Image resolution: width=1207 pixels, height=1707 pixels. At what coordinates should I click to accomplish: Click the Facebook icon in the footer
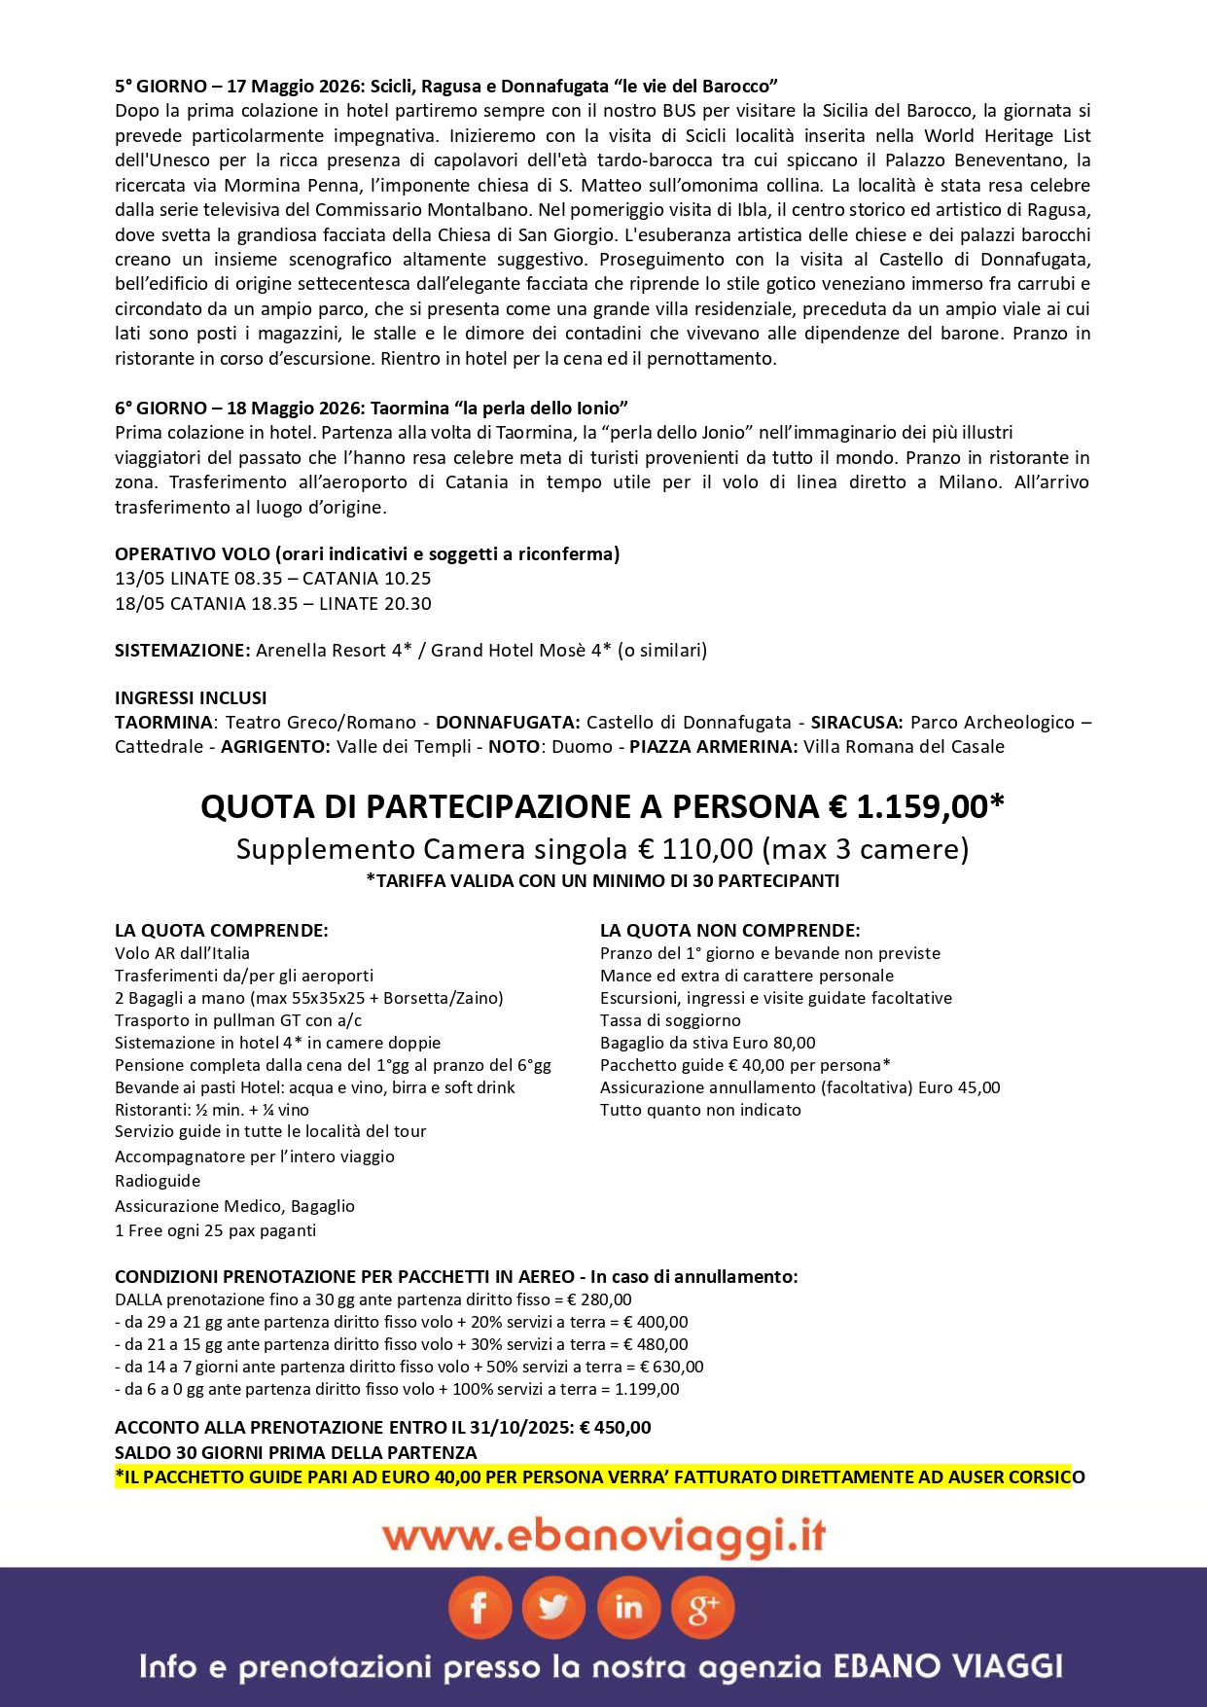pos(479,1609)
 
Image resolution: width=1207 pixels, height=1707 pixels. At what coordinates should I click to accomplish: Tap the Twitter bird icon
pos(553,1609)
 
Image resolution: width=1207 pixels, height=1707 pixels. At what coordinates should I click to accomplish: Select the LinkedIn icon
pos(628,1609)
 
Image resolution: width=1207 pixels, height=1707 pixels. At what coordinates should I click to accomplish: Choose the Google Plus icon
pos(702,1609)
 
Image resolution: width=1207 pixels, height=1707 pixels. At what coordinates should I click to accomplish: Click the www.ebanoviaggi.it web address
pos(603,1537)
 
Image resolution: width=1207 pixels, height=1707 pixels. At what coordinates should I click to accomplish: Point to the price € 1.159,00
pos(916,807)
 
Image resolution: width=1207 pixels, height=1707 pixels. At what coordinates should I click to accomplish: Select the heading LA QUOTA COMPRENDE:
pos(222,931)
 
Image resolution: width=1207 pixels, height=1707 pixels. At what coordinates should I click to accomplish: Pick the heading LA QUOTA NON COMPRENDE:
pos(729,931)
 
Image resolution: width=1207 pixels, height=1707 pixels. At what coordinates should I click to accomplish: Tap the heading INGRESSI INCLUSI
pos(191,698)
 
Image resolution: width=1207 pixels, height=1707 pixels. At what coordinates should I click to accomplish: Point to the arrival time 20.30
pos(407,604)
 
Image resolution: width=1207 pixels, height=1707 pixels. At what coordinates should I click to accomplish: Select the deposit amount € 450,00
pos(615,1428)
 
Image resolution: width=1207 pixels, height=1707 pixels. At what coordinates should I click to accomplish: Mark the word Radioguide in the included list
pos(158,1182)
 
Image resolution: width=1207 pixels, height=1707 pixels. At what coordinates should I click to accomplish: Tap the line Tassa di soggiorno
pos(670,1021)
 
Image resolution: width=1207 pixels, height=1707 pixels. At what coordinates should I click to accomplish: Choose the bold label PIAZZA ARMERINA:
pos(713,747)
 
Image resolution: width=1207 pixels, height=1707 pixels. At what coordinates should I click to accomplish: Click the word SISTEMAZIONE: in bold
pos(183,651)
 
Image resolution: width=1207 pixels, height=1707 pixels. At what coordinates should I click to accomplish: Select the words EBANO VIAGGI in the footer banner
pos(947,1667)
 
